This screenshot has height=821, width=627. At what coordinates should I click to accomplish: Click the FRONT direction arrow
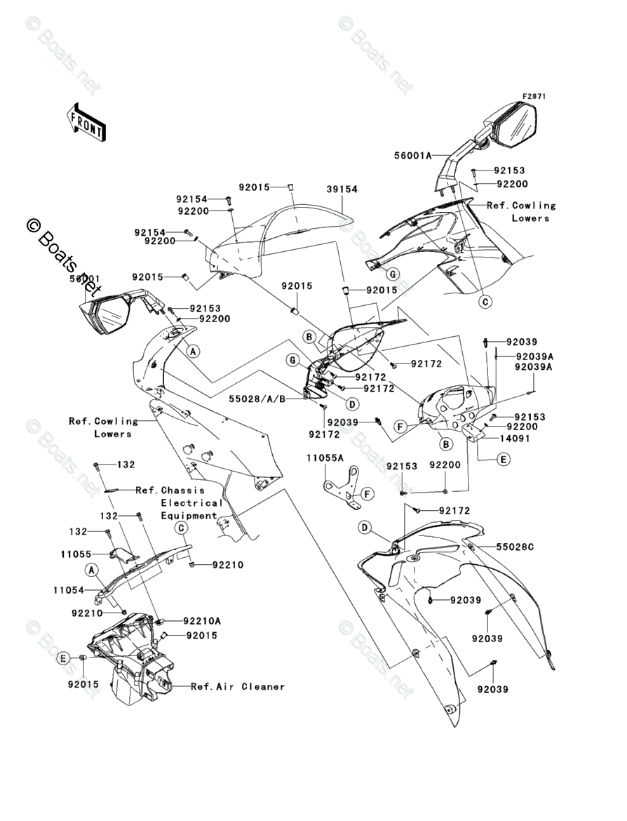click(86, 120)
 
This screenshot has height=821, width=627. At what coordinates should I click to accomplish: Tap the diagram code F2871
click(533, 96)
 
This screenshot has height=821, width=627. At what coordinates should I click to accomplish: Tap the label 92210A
click(201, 620)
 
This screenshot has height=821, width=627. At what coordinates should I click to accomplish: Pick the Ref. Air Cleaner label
click(238, 686)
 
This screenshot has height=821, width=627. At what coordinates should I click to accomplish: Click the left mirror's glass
click(110, 316)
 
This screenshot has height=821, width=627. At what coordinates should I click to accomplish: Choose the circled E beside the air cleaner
click(64, 658)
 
